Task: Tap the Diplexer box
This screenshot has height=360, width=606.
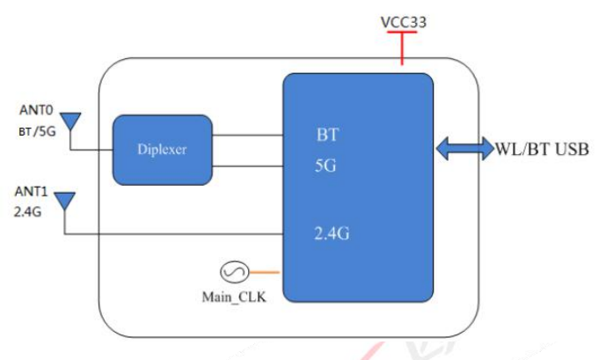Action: [163, 149]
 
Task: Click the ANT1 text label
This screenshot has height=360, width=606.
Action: [32, 191]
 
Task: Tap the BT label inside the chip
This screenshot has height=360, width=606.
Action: [327, 136]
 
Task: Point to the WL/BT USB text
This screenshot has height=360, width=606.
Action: [541, 149]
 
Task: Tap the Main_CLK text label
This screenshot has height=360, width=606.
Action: [235, 297]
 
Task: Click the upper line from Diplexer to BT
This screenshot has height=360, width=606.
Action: [247, 136]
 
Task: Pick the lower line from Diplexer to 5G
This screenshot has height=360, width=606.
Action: [247, 165]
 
